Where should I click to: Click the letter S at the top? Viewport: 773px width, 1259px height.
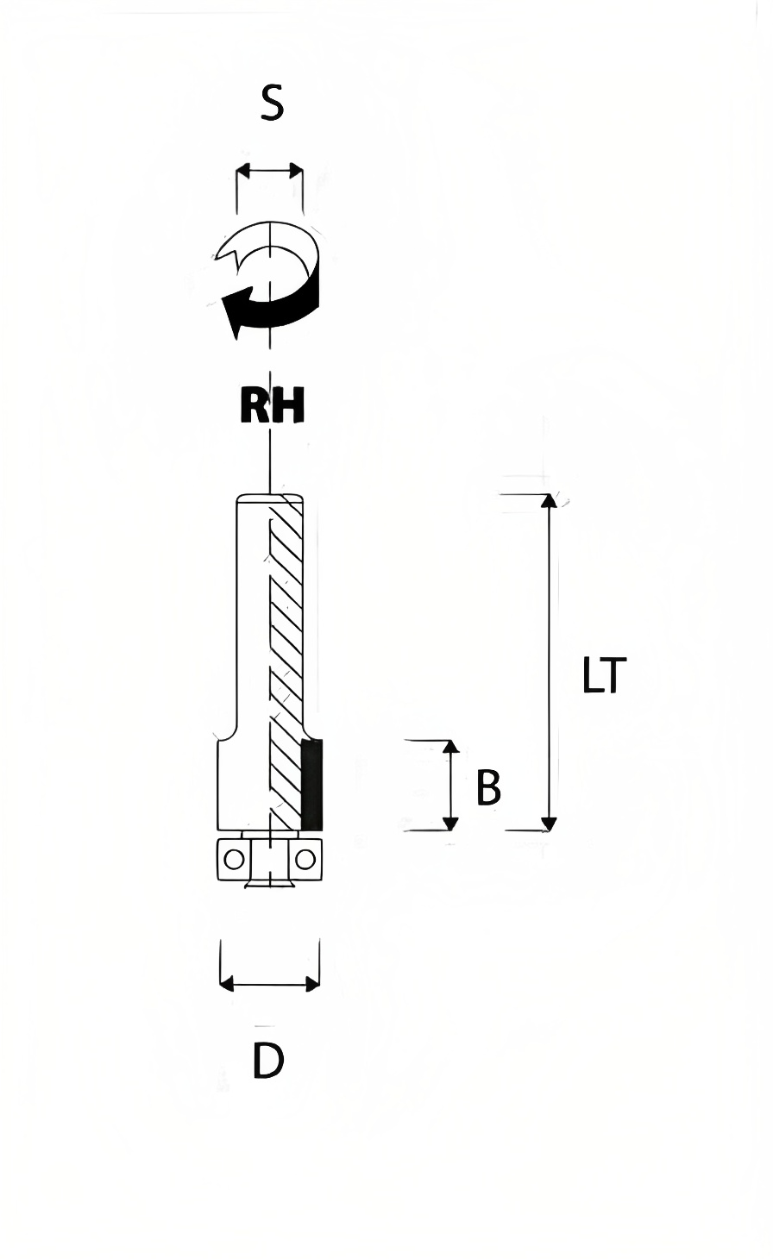pos(272,103)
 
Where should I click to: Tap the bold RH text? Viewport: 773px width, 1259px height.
pos(272,404)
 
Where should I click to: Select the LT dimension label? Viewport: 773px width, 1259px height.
pos(604,675)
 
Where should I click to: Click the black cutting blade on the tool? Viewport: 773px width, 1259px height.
pos(312,785)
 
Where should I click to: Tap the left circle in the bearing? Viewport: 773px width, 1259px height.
pos(234,860)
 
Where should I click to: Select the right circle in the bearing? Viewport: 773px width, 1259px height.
pos(305,860)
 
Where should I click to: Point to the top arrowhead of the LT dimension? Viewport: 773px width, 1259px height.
pos(549,501)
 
